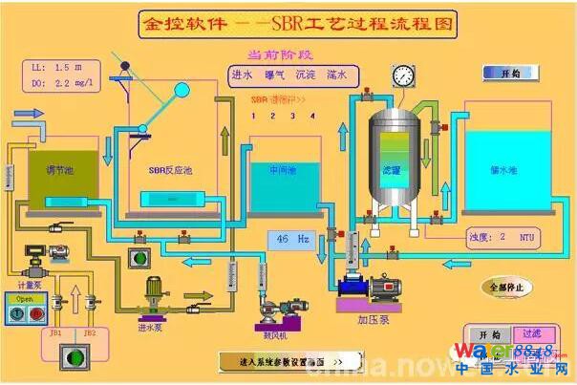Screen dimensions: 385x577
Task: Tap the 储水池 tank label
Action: (502, 170)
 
